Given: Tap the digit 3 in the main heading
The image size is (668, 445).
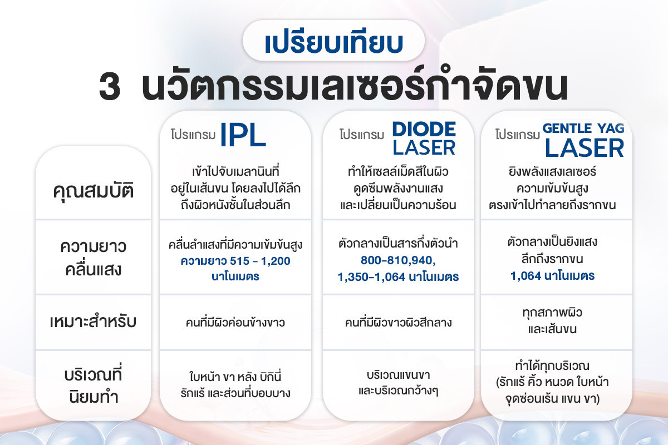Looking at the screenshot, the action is pyautogui.click(x=110, y=88).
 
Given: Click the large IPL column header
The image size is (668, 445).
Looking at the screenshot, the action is pyautogui.click(x=243, y=135).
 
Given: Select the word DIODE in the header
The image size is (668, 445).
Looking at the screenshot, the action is pyautogui.click(x=424, y=129).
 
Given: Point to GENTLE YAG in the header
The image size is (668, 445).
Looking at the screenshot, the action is pyautogui.click(x=583, y=128).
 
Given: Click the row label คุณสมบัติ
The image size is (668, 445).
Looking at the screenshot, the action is pyautogui.click(x=94, y=190).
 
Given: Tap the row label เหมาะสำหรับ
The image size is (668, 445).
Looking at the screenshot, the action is pyautogui.click(x=93, y=322).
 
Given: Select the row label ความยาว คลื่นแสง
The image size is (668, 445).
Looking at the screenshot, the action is pyautogui.click(x=94, y=259).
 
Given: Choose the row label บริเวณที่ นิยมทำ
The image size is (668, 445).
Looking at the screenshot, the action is pyautogui.click(x=94, y=386).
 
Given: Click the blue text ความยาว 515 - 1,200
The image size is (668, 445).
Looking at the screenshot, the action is pyautogui.click(x=235, y=261).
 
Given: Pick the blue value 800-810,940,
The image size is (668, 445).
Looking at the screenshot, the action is pyautogui.click(x=398, y=260).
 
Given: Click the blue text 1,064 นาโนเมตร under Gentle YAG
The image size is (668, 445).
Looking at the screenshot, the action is pyautogui.click(x=552, y=276).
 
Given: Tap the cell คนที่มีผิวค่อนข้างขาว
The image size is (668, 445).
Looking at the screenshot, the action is pyautogui.click(x=235, y=323).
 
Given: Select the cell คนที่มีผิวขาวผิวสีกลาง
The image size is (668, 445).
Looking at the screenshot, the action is pyautogui.click(x=398, y=323).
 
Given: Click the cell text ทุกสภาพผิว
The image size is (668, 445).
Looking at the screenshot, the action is pyautogui.click(x=552, y=313).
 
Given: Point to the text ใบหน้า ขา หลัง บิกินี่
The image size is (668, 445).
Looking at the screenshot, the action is pyautogui.click(x=235, y=377).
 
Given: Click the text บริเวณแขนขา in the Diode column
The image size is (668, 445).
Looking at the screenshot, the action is pyautogui.click(x=398, y=375).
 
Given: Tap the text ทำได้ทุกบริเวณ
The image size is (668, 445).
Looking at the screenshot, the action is pyautogui.click(x=552, y=365).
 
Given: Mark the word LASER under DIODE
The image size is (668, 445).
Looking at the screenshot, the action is pyautogui.click(x=424, y=148).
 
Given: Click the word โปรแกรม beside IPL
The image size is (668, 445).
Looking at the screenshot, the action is pyautogui.click(x=193, y=135).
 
